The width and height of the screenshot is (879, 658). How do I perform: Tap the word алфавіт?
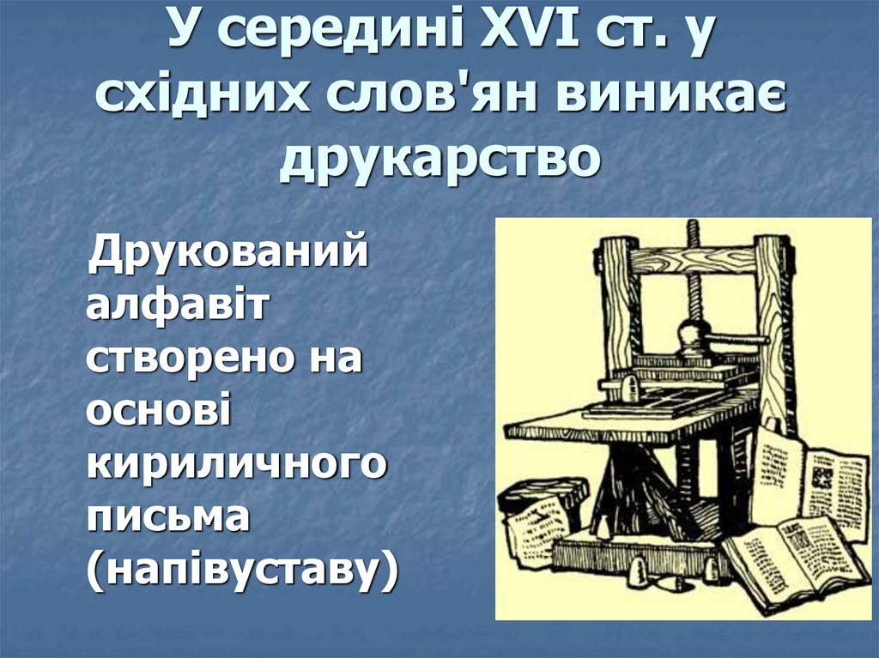[176, 305]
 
